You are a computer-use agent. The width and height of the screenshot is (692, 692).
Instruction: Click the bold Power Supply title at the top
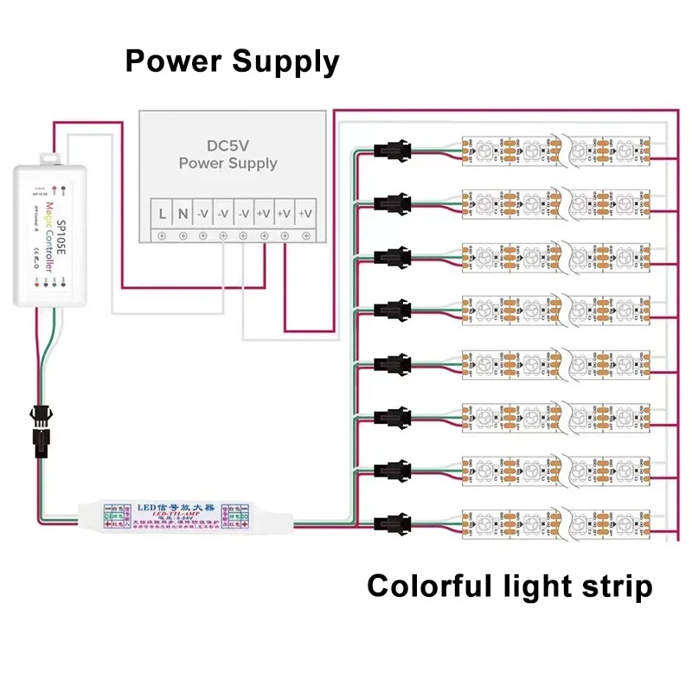(x=232, y=61)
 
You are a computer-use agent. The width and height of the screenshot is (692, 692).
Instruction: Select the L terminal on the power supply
(x=162, y=213)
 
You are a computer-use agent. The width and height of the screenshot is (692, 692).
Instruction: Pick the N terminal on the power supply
(x=183, y=213)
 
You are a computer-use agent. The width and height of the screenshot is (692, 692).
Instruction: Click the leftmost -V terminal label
(x=202, y=213)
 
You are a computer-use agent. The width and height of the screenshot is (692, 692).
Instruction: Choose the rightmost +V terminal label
(x=304, y=213)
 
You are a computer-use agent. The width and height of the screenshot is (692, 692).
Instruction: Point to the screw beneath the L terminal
(x=162, y=235)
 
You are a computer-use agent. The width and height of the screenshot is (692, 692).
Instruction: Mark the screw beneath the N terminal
(x=183, y=235)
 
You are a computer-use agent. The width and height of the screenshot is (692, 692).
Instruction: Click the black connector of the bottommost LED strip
(x=387, y=522)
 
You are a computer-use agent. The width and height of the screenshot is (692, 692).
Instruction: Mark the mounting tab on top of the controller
(x=50, y=158)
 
